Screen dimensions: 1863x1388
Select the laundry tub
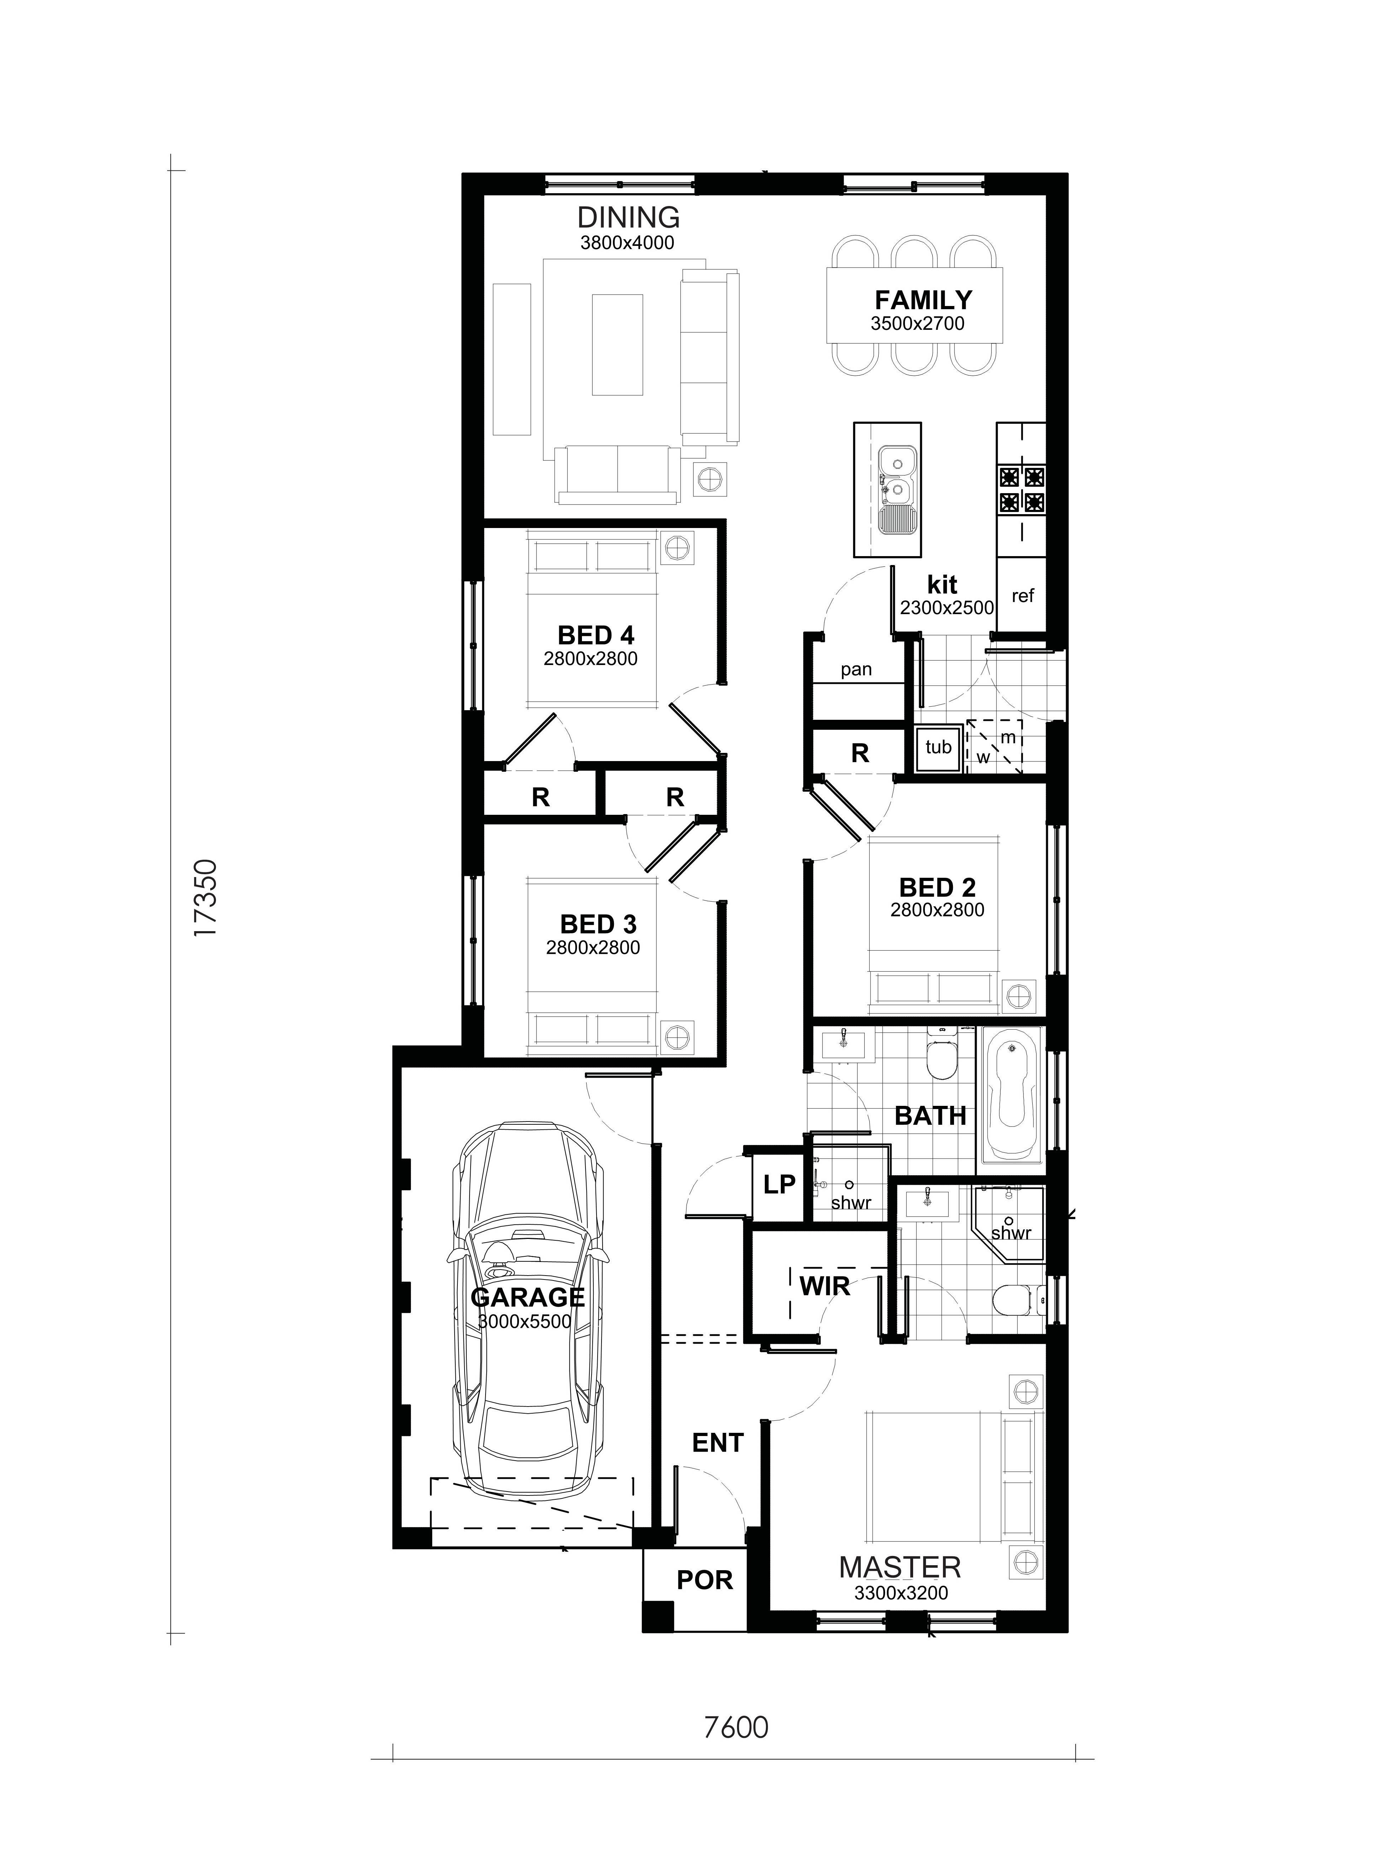(938, 747)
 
